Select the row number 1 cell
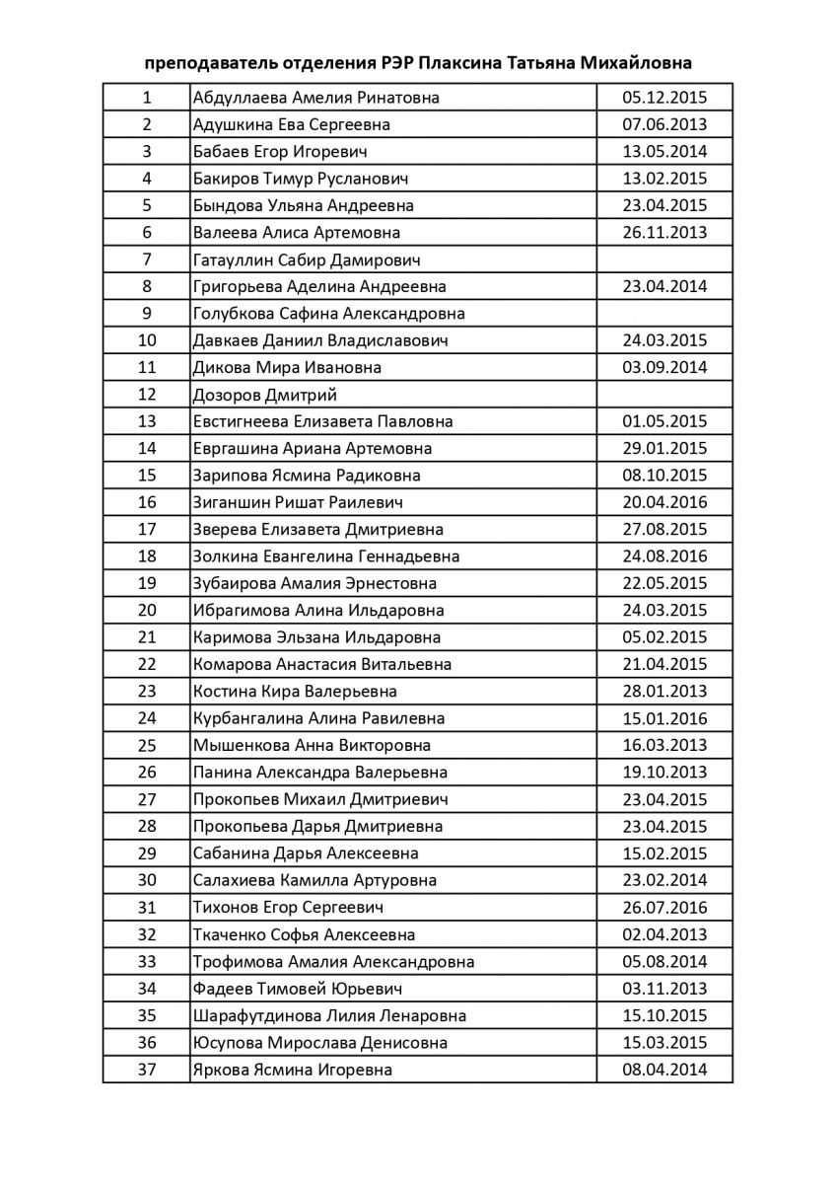147,98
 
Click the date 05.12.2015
664,98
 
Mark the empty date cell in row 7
664,259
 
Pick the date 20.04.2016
664,502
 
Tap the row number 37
147,1070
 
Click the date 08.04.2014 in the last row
664,1070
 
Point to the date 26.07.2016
664,908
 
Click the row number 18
147,556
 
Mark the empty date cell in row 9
664,314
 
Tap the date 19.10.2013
664,773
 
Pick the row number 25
147,746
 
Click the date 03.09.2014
664,368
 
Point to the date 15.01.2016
664,718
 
